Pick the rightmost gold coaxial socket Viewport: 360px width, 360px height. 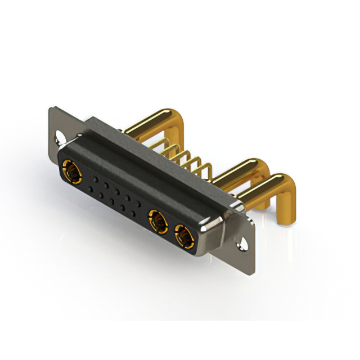tap(183, 236)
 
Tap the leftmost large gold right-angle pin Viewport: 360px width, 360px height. tap(151, 123)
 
